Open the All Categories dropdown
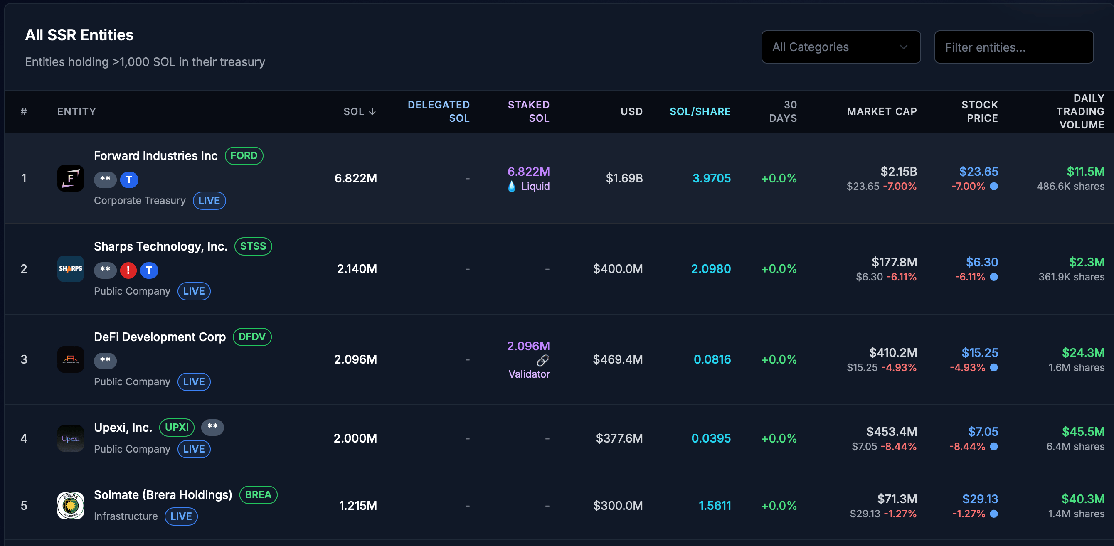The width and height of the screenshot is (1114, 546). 840,47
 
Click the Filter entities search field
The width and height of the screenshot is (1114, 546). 1014,47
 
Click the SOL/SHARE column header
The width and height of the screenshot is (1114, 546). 700,111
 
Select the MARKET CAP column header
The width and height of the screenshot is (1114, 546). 881,111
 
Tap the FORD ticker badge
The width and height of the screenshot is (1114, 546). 244,156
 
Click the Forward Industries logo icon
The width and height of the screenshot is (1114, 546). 71,178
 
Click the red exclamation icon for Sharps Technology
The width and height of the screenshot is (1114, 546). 128,270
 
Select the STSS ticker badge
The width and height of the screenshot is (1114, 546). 253,246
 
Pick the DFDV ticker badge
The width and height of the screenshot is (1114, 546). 252,337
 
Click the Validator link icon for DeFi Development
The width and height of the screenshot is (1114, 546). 543,360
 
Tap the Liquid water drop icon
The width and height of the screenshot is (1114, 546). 512,186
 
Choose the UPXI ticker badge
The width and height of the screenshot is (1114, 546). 177,428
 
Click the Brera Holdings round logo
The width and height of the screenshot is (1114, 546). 71,505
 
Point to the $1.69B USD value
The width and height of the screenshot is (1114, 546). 624,178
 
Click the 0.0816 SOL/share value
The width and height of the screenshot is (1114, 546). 712,359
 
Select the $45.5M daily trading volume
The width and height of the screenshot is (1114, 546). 1083,431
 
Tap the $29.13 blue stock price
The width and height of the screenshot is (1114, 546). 980,499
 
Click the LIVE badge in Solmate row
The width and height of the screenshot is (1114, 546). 181,516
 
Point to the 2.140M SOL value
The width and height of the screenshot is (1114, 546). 357,269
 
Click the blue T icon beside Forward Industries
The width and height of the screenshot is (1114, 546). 129,180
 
